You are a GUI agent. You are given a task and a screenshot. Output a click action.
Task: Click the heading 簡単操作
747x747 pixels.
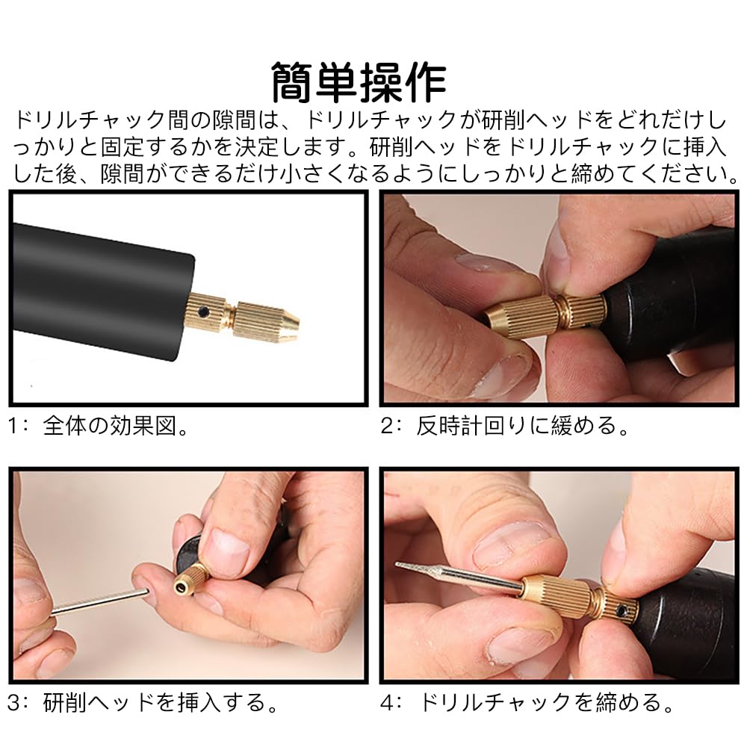coord(358,82)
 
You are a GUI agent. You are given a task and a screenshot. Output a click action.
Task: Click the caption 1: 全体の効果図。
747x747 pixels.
coord(97,427)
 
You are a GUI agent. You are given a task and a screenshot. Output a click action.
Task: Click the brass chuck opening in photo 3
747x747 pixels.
coord(182,586)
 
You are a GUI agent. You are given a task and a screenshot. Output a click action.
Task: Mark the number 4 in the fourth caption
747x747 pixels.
coord(387,702)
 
